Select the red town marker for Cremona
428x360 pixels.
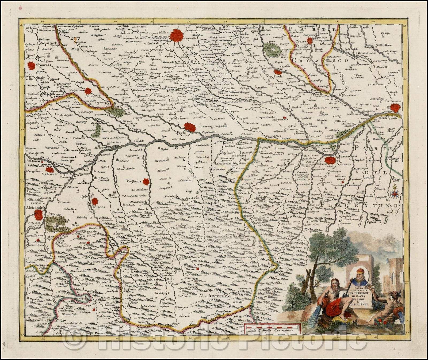395,108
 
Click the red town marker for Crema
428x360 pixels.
310,41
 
